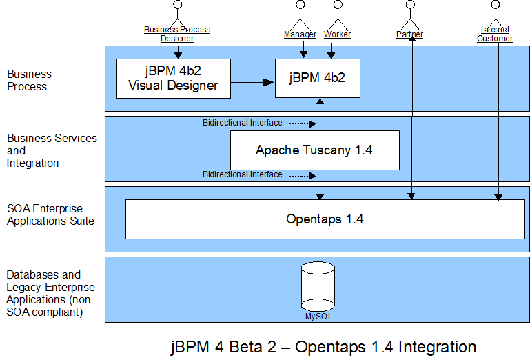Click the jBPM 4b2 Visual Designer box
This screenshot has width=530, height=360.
(x=174, y=79)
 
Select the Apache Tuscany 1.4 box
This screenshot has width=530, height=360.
(x=315, y=150)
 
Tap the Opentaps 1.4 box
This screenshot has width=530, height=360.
(x=325, y=219)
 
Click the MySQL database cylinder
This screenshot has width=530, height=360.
(x=318, y=286)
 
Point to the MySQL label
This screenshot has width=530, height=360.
(x=318, y=317)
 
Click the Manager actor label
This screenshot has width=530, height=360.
(x=300, y=34)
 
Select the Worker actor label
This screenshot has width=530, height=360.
(x=337, y=34)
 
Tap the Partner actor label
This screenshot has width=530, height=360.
(x=409, y=34)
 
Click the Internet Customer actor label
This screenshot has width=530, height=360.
(x=495, y=34)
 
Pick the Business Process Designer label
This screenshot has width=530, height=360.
(x=177, y=34)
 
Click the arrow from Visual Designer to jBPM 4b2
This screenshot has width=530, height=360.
(x=252, y=82)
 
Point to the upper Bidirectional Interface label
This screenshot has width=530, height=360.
(x=243, y=123)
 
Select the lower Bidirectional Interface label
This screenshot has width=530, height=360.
(x=243, y=174)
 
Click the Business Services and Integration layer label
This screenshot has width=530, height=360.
(x=52, y=150)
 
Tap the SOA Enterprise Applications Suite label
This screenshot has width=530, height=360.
(x=50, y=214)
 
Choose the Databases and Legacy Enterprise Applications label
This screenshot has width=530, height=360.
(x=50, y=293)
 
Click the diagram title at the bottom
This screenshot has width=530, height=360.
(x=323, y=347)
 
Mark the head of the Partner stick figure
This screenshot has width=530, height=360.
(x=410, y=4)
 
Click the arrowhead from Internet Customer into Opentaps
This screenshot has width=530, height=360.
(x=498, y=197)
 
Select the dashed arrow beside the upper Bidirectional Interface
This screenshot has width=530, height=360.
(x=303, y=124)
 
